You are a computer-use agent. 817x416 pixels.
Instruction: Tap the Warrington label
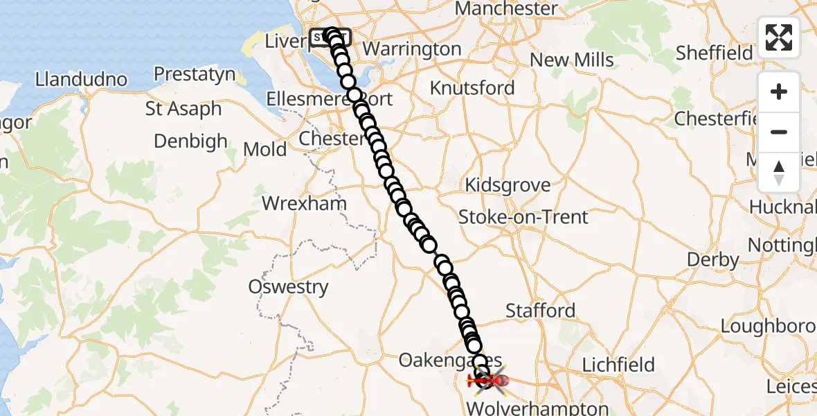pyautogui.click(x=411, y=49)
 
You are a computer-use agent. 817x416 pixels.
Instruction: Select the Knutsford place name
pyautogui.click(x=472, y=88)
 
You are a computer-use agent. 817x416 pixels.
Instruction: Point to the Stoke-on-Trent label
pyautogui.click(x=523, y=217)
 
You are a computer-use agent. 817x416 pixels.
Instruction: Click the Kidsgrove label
pyautogui.click(x=508, y=186)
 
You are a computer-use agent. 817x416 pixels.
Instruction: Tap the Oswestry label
pyautogui.click(x=289, y=287)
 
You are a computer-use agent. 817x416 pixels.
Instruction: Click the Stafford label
pyautogui.click(x=540, y=310)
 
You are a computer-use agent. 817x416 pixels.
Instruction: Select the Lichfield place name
pyautogui.click(x=618, y=365)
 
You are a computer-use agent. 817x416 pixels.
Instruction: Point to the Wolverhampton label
pyautogui.click(x=537, y=408)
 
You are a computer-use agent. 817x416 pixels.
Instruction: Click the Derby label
pyautogui.click(x=712, y=260)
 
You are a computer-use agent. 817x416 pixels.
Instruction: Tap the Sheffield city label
pyautogui.click(x=714, y=53)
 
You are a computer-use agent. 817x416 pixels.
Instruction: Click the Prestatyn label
pyautogui.click(x=195, y=74)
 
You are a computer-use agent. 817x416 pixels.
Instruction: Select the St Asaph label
pyautogui.click(x=183, y=109)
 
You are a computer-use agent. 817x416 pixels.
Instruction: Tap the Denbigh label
pyautogui.click(x=190, y=141)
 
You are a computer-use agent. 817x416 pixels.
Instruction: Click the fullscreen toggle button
pyautogui.click(x=779, y=37)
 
